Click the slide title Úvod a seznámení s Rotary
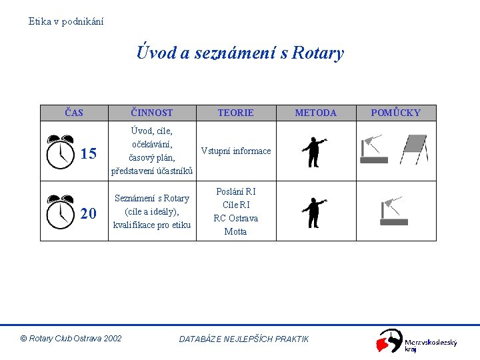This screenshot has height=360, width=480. point(240,53)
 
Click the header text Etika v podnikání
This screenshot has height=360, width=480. point(66,21)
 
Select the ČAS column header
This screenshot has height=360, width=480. point(74,113)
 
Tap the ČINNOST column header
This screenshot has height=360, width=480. point(152,113)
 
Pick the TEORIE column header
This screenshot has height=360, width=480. point(235,113)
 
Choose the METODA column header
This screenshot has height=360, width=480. point(315,113)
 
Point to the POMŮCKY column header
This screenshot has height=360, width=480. point(395,113)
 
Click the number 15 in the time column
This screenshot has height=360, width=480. point(89,154)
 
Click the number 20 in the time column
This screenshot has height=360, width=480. point(89,213)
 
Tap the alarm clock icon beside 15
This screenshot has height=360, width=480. point(61,151)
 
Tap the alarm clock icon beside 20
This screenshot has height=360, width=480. point(61,211)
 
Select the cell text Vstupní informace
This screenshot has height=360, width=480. point(236,151)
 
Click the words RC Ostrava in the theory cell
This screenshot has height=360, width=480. point(235,218)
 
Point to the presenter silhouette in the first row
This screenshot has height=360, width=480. point(313,151)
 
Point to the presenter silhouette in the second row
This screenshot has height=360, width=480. point(313,211)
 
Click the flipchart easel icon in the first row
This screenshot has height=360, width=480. point(413,149)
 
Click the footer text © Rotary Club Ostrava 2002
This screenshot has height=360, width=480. point(71,339)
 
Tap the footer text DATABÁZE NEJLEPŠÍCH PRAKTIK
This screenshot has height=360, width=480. point(244,339)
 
